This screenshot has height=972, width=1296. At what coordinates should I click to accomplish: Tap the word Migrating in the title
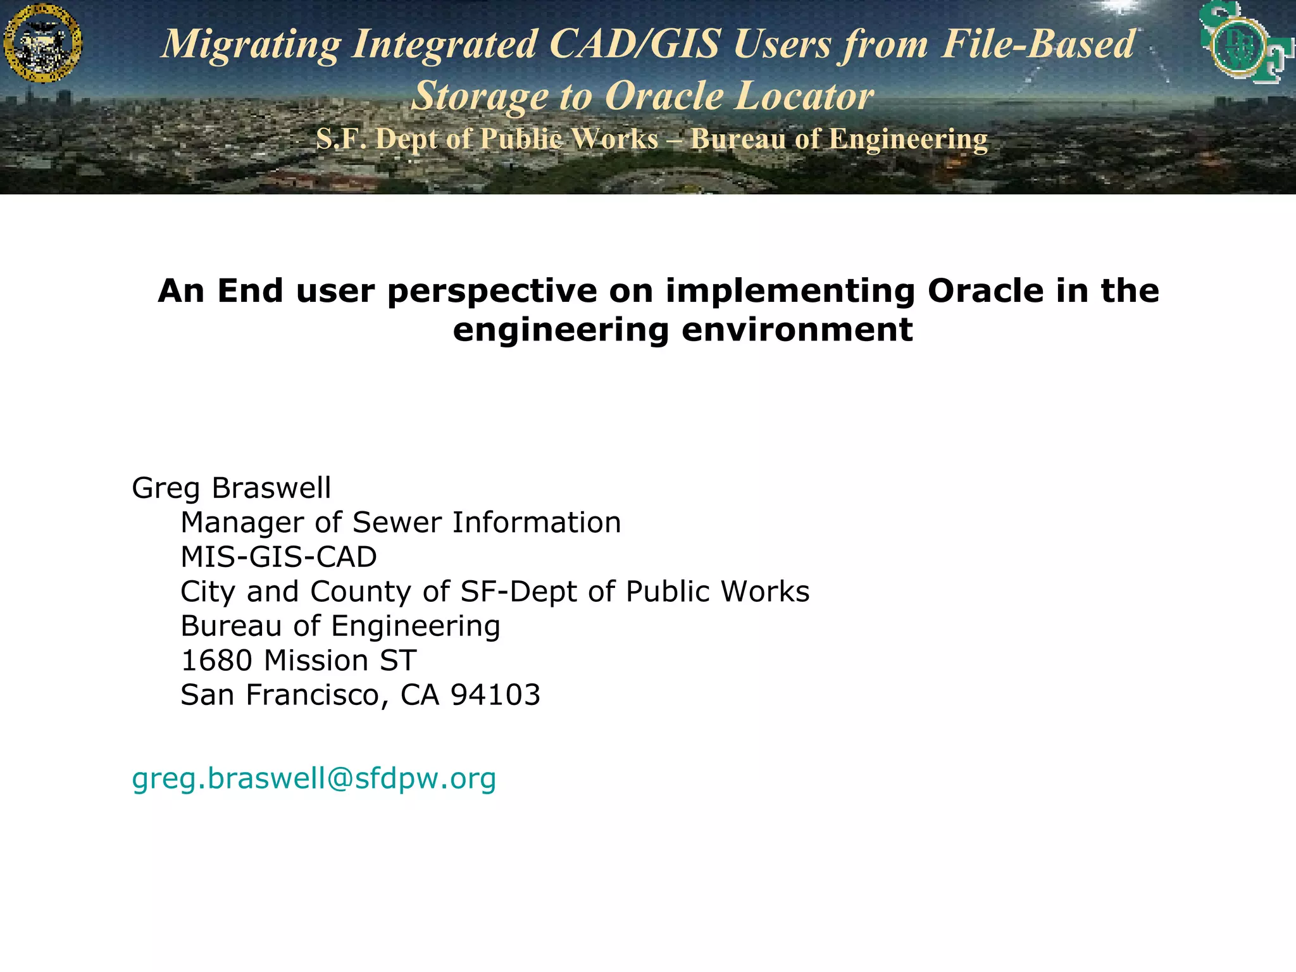251,44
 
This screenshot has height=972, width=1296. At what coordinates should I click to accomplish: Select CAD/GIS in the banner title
634,44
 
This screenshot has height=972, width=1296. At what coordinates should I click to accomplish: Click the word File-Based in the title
1038,44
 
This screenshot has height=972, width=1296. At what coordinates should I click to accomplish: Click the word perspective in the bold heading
492,291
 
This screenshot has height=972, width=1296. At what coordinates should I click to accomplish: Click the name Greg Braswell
232,488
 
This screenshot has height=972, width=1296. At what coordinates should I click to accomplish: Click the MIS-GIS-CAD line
278,558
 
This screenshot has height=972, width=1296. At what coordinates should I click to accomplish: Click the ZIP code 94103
495,695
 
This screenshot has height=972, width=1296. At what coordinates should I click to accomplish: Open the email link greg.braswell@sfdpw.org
314,778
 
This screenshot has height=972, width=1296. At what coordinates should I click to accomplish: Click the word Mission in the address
316,661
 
